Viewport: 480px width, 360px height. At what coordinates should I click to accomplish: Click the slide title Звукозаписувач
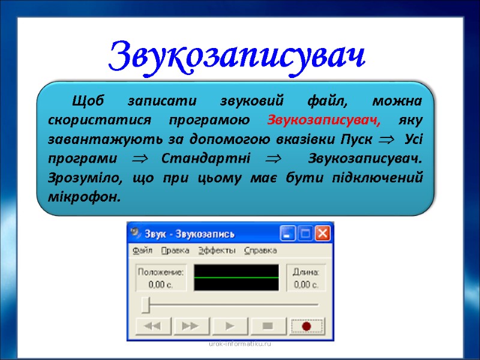coord(237,56)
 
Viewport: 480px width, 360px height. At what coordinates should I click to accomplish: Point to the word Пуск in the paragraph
coord(357,140)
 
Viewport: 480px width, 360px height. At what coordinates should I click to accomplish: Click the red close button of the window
coord(323,233)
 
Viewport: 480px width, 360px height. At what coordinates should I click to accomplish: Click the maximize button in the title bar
coord(306,233)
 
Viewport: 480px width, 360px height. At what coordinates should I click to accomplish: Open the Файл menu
coord(142,250)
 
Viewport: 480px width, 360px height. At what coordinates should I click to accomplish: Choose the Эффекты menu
coord(217,250)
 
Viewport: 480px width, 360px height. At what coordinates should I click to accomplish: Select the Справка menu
coord(261,250)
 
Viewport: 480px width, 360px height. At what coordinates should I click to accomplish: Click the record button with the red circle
coord(307,326)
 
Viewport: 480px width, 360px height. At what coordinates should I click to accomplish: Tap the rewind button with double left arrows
coord(152,326)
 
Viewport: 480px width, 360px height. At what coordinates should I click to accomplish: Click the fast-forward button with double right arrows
coord(190,326)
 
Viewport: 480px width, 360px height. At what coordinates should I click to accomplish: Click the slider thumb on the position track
coord(145,305)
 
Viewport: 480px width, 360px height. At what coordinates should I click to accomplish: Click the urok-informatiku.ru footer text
coord(240,344)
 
